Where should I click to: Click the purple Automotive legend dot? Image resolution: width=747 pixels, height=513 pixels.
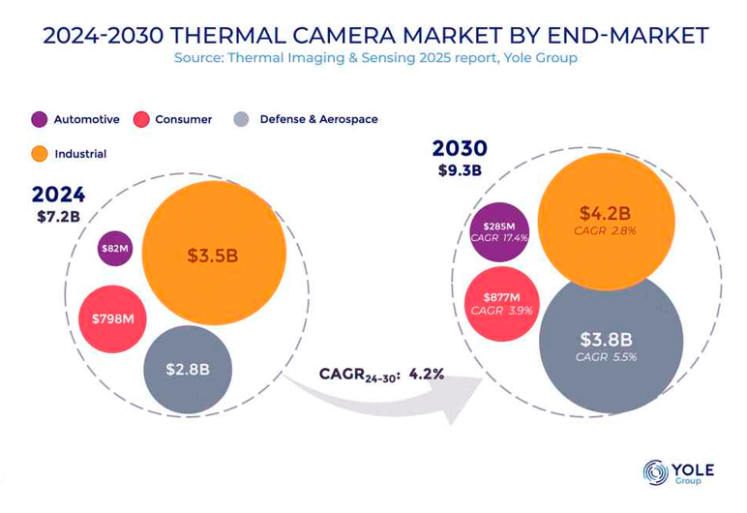click(40, 120)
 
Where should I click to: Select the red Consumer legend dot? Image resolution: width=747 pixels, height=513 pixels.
click(141, 120)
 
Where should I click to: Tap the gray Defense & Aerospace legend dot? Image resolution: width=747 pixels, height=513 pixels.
click(242, 120)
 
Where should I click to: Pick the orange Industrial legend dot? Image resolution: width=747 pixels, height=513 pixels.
click(40, 154)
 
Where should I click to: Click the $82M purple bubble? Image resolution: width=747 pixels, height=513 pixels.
click(115, 249)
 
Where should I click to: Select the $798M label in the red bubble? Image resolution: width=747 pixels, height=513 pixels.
click(112, 318)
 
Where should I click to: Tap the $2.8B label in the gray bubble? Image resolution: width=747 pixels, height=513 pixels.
click(187, 369)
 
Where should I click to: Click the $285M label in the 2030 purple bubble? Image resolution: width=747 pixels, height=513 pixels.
click(500, 226)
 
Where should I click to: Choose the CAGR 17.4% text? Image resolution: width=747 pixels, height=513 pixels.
click(500, 237)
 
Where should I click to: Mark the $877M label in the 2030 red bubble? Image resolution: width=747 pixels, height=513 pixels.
click(501, 297)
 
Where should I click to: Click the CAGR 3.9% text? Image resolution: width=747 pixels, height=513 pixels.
click(500, 311)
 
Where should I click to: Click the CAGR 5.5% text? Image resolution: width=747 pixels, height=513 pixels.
click(606, 357)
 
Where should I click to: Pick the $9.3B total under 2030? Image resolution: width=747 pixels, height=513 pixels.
click(461, 171)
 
